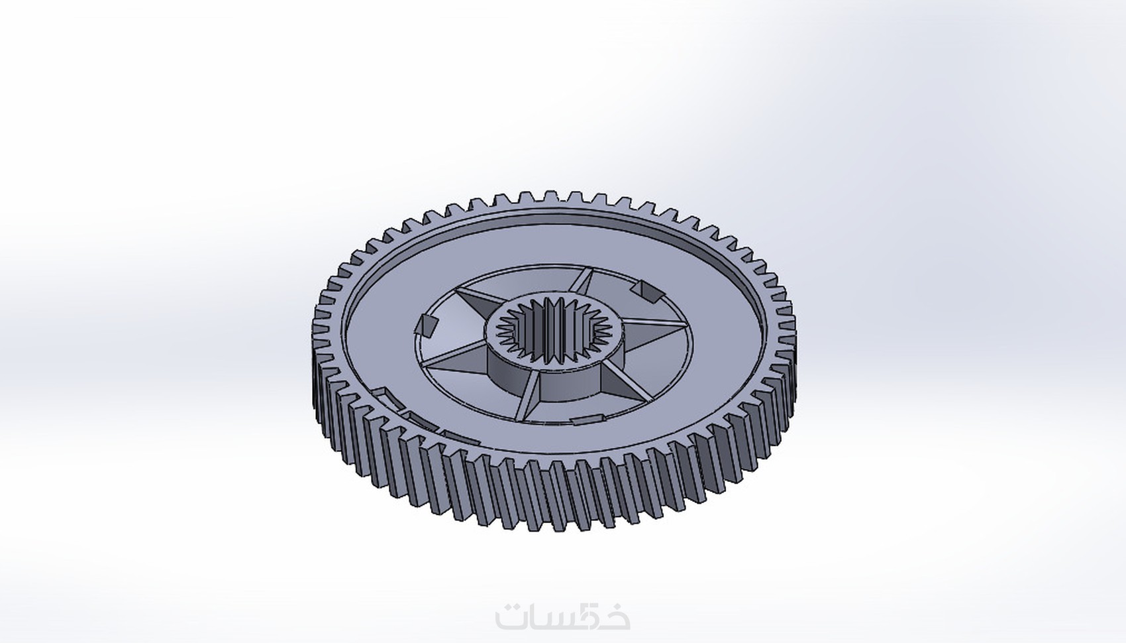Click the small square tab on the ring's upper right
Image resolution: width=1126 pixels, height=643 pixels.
[x=643, y=290]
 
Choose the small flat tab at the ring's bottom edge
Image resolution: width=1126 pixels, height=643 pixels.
[x=589, y=418]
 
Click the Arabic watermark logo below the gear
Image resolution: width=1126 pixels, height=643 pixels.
[x=562, y=617]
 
